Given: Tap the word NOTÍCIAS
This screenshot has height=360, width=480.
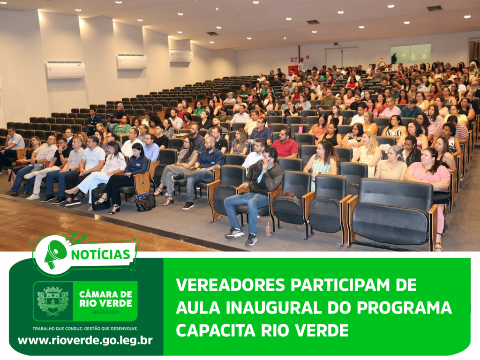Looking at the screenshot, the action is coord(101,255).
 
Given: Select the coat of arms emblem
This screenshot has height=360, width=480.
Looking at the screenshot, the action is coord(52,301).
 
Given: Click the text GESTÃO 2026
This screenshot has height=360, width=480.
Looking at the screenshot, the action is coord(105,312).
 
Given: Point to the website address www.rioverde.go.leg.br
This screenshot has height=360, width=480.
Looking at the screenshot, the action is coord(85,340).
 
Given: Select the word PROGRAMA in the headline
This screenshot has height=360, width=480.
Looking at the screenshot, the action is coord(404,307).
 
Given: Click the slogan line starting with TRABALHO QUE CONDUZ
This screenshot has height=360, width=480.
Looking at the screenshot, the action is coord(85,329).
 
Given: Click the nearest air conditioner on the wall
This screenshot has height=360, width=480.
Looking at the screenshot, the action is coord(66,70).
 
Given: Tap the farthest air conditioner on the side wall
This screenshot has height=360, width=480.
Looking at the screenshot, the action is coord(181,56).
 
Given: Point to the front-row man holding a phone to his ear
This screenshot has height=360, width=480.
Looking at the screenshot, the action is coord(257,196).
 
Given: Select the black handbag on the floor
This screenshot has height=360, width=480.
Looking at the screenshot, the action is coord(146,202).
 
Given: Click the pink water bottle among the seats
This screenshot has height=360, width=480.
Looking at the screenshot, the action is coord(300,129).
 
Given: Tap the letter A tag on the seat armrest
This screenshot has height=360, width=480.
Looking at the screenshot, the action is coord(142,182).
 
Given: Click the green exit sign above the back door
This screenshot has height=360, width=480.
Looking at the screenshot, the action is coord(336,44).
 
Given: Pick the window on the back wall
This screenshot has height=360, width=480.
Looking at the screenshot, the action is coord(411,54).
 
